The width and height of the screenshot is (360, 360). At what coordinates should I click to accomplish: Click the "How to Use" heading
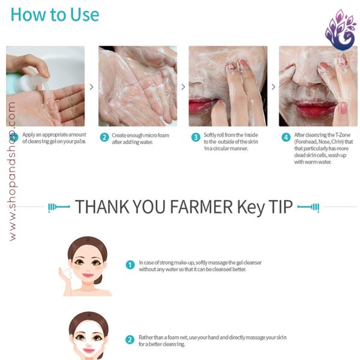tap(55, 14)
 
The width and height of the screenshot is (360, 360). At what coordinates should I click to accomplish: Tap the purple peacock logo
tap(340, 30)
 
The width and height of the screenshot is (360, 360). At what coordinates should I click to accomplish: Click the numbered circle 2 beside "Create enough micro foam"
tap(104, 137)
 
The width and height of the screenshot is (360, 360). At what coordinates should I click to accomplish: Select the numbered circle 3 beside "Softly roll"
tap(196, 137)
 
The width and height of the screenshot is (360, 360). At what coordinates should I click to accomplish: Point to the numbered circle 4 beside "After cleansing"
tap(286, 137)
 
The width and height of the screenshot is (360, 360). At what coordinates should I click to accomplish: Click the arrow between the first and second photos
tap(92, 87)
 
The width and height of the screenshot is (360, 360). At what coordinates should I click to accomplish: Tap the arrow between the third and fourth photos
tap(274, 87)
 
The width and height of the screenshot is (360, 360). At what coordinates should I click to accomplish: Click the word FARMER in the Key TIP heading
tap(201, 206)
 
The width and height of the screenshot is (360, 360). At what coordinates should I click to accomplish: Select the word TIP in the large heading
tap(281, 206)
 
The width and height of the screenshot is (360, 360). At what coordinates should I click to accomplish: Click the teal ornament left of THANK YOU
tap(59, 207)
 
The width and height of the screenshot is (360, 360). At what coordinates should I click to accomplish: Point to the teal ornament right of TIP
tap(308, 207)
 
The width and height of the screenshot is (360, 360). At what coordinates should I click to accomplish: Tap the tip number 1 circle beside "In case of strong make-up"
tap(130, 265)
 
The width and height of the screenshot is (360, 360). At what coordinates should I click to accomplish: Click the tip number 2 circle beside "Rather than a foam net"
tap(130, 340)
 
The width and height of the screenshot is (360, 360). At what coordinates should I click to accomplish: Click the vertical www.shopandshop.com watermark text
tap(12, 171)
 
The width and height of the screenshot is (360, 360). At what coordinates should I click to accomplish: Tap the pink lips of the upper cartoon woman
tap(88, 275)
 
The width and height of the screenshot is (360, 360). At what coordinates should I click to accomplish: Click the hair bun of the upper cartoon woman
tap(99, 279)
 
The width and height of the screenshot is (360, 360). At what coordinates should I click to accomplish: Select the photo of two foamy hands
tap(138, 86)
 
